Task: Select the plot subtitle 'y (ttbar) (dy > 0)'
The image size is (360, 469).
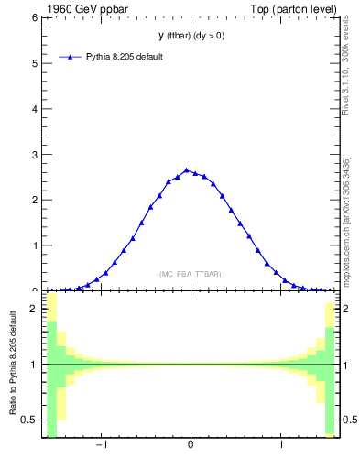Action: (x=191, y=36)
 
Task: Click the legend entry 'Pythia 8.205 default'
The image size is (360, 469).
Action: (x=125, y=57)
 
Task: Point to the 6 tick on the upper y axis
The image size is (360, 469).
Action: (x=35, y=18)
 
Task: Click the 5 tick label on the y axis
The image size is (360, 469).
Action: (x=35, y=63)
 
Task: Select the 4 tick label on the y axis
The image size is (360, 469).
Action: (x=35, y=109)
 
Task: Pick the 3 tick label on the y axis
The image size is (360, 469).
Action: (x=35, y=155)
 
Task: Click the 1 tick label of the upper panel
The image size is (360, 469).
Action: (x=35, y=245)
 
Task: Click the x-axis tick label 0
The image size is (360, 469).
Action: (x=191, y=446)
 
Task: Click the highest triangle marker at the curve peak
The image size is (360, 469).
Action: (x=186, y=170)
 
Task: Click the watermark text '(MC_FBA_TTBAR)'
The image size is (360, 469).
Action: (x=191, y=274)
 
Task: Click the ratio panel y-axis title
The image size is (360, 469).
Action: (x=14, y=365)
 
